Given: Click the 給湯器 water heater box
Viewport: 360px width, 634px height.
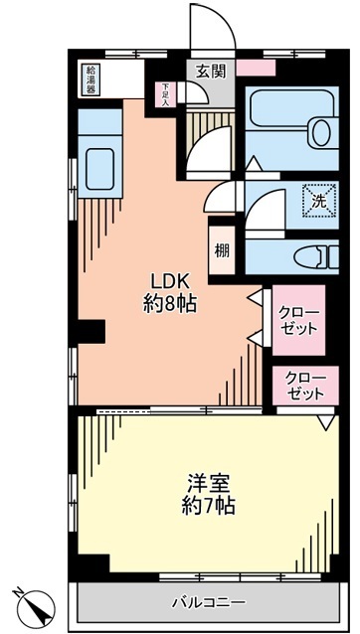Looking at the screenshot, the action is (92, 79).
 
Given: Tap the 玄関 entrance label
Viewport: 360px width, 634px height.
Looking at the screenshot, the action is (211, 72).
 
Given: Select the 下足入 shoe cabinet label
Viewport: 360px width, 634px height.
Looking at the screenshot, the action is (166, 95).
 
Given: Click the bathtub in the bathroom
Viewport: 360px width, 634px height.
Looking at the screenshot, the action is (291, 109).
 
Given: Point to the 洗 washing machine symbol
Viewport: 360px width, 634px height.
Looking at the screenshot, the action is (320, 201).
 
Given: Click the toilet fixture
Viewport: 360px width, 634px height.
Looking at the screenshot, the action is (316, 256).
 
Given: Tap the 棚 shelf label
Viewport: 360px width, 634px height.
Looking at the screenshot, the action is (222, 251).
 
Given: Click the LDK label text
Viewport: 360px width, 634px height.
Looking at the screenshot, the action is (170, 279).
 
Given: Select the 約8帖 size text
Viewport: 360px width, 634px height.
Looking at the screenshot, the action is (170, 303).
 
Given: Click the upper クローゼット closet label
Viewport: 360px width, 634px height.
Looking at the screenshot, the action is (299, 320).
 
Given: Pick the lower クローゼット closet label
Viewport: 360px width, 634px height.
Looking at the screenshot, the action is (305, 386).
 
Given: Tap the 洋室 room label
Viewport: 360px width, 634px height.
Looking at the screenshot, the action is (208, 483).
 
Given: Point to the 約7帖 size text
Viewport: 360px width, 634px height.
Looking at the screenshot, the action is (208, 506).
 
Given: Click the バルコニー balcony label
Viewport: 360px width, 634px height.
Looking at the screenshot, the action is (209, 603).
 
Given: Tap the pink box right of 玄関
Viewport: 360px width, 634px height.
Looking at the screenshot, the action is (256, 68).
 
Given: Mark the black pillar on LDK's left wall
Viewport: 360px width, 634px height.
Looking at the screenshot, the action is (91, 331).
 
